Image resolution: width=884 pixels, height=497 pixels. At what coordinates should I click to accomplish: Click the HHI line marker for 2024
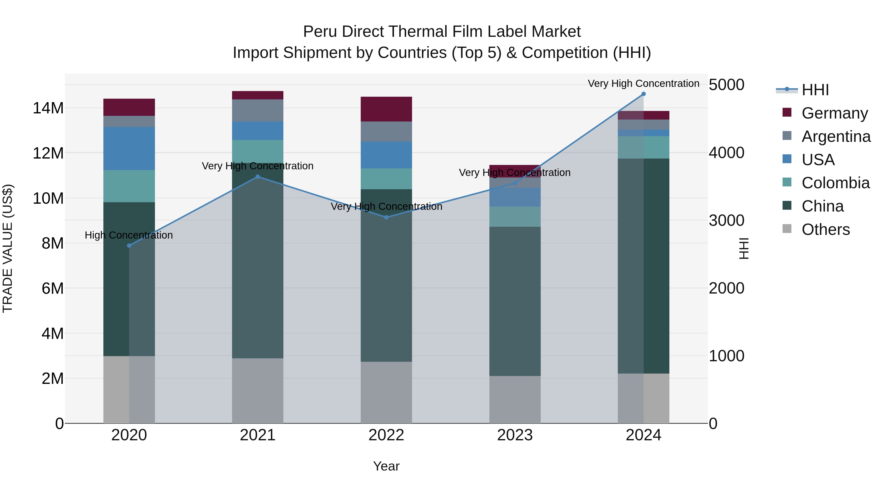[643, 94]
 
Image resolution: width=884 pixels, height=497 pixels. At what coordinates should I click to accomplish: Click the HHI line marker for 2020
[129, 246]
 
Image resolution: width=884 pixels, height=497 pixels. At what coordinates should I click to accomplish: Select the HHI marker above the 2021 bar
[258, 177]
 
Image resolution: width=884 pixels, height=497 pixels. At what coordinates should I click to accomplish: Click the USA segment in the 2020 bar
[129, 148]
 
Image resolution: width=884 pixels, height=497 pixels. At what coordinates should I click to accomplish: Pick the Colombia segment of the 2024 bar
[643, 147]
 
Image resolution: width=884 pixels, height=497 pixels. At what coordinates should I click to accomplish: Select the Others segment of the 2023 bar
[515, 400]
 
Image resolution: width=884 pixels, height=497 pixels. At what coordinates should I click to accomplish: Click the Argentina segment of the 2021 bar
[258, 110]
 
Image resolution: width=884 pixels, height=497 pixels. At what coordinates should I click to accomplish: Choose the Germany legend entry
[834, 113]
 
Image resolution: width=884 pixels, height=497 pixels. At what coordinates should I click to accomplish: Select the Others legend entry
[825, 229]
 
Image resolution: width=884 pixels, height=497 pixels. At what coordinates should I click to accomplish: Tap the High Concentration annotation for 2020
[129, 235]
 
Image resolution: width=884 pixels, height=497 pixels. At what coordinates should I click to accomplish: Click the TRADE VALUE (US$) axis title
[8, 248]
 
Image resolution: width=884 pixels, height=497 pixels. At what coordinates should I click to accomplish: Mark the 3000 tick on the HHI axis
[727, 221]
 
